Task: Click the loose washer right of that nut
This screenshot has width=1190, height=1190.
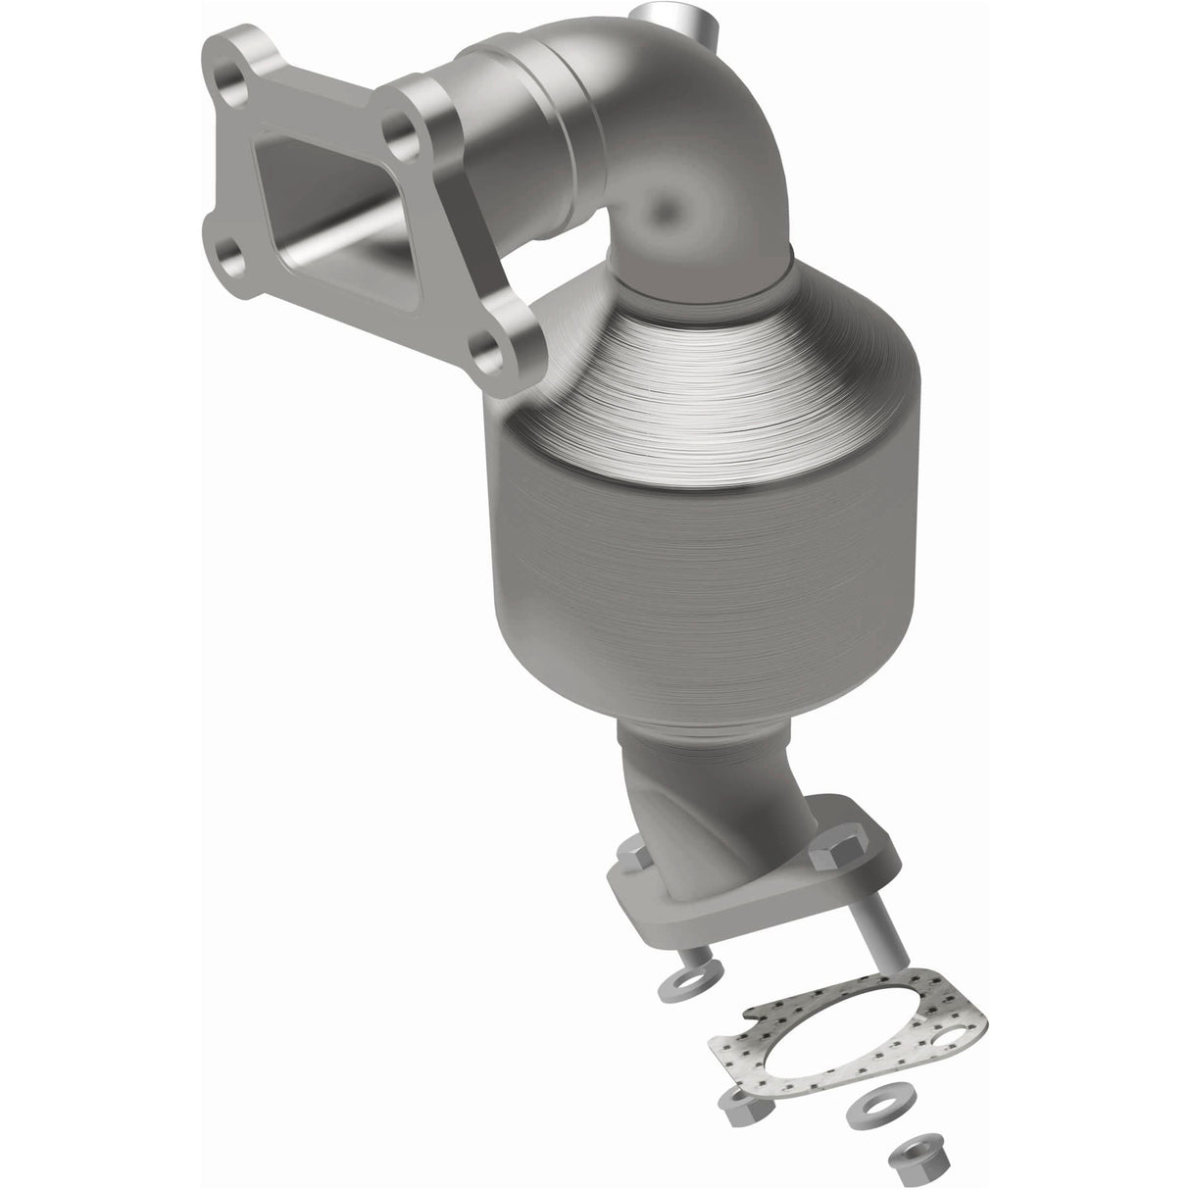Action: click(868, 1110)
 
